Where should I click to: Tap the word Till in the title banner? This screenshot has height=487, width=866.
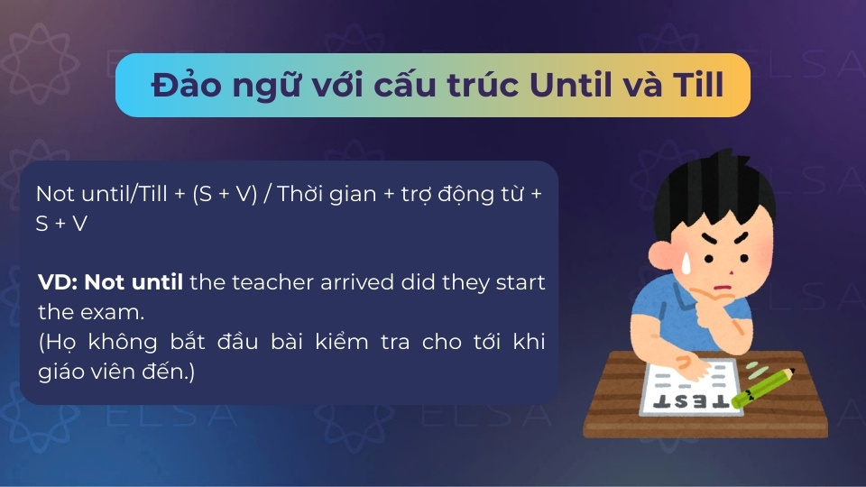pyautogui.click(x=698, y=85)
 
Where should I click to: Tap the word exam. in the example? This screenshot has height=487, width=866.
pyautogui.click(x=112, y=313)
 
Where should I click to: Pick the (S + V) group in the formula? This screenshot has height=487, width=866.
pyautogui.click(x=225, y=195)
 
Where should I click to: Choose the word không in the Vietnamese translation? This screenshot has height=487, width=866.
pyautogui.click(x=123, y=342)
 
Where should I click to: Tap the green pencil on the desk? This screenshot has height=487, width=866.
pyautogui.click(x=763, y=388)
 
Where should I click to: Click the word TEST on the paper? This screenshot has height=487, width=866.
pyautogui.click(x=690, y=401)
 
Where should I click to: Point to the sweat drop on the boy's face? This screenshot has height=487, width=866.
pyautogui.click(x=686, y=263)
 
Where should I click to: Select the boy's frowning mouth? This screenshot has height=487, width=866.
pyautogui.click(x=723, y=288)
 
